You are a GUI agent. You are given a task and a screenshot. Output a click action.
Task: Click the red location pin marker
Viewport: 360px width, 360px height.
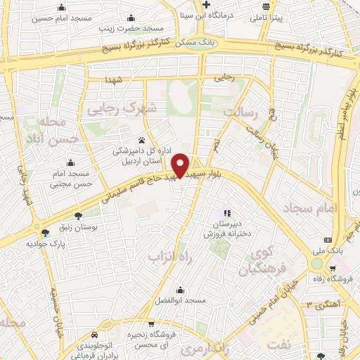click(181, 165)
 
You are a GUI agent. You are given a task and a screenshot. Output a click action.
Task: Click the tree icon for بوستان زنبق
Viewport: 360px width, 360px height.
click(77, 216)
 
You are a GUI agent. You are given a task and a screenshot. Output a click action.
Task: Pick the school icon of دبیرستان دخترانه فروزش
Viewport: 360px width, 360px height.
click(226, 212)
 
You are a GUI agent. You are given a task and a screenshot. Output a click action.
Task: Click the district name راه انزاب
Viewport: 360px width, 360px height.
click(169, 259)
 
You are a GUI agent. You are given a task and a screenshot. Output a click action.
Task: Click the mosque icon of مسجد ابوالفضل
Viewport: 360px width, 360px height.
click(181, 290)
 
